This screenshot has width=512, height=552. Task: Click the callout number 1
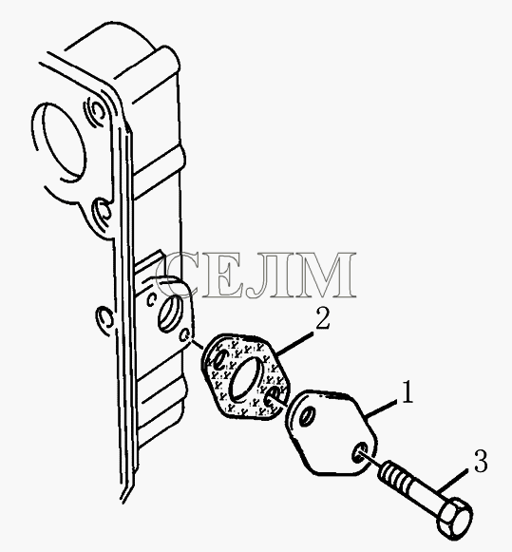(x=408, y=391)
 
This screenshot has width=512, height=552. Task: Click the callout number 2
(x=322, y=318)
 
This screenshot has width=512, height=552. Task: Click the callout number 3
(x=481, y=462)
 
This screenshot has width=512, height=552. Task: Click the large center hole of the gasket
(x=246, y=379)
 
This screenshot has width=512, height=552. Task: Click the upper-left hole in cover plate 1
(x=307, y=416)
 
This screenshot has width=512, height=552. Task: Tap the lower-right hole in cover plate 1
(x=360, y=453)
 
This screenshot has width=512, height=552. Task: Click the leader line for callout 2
(x=294, y=343)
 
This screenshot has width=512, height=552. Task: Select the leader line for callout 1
(x=381, y=409)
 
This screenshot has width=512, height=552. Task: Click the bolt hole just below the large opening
(x=102, y=212)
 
